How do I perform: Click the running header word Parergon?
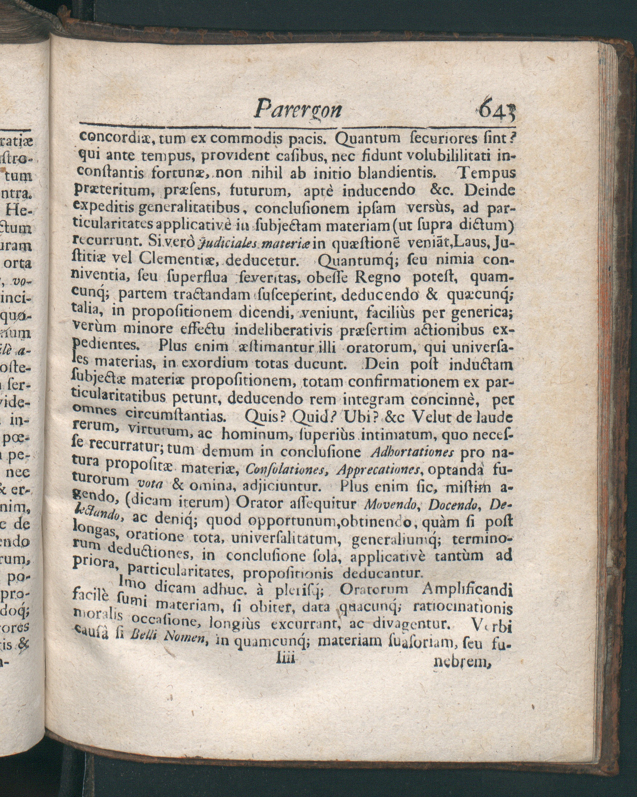[298, 109]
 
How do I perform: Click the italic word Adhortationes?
[414, 453]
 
